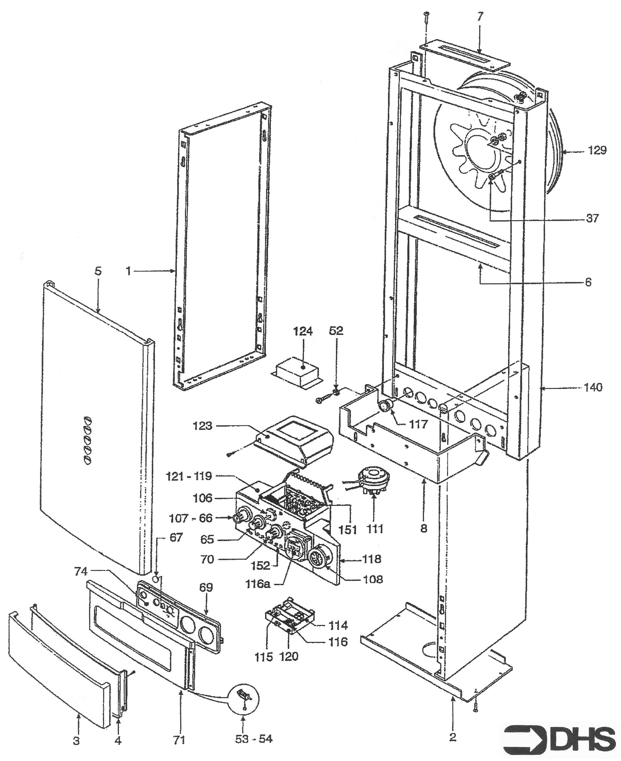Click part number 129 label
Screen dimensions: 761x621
click(x=597, y=150)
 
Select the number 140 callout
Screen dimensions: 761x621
click(x=593, y=387)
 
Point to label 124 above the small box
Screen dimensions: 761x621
click(x=303, y=332)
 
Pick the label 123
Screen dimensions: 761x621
click(x=202, y=426)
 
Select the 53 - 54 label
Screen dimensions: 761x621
click(x=253, y=739)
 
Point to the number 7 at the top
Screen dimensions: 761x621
click(x=480, y=16)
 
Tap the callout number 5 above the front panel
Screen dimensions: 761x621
click(x=98, y=271)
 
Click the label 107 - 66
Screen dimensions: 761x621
click(x=191, y=518)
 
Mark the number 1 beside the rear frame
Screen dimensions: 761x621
click(x=128, y=271)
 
